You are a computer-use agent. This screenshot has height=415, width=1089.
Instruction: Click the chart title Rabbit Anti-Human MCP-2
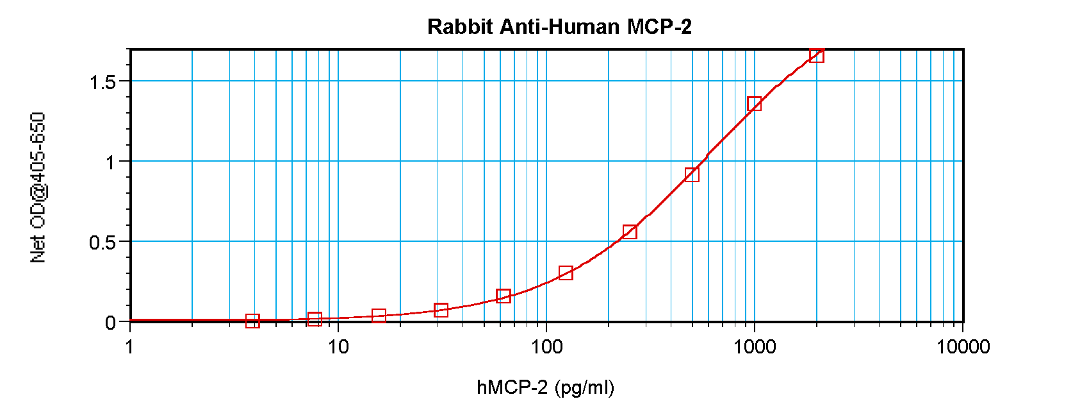[x=559, y=27]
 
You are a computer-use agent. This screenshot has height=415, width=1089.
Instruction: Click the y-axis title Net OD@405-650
[x=38, y=187]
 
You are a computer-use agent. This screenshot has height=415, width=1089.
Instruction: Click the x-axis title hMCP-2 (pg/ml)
[x=545, y=387]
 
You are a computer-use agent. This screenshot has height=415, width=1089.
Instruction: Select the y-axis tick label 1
[x=111, y=162]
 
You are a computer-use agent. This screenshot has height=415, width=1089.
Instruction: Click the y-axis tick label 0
[x=111, y=323]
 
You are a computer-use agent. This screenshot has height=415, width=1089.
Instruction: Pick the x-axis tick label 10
[x=338, y=347]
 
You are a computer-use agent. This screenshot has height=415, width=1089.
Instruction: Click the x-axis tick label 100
[x=546, y=347]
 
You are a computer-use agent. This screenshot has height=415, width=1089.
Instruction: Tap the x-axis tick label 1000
[x=755, y=347]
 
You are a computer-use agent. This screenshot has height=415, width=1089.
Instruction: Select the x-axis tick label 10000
[x=963, y=347]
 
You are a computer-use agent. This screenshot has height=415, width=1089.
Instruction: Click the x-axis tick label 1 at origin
[x=130, y=347]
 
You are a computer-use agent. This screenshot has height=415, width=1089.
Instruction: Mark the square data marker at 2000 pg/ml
[x=817, y=55]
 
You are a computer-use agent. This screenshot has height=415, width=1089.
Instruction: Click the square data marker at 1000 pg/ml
[x=755, y=103]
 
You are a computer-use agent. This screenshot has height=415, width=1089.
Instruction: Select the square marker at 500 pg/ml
[x=692, y=174]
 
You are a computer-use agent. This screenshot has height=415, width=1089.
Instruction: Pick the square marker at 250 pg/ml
[x=630, y=232]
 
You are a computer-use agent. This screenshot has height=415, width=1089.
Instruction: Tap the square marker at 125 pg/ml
[x=566, y=273]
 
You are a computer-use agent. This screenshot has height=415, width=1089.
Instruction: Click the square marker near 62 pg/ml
[x=504, y=296]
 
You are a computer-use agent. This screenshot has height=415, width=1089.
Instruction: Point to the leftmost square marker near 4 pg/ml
[x=253, y=321]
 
